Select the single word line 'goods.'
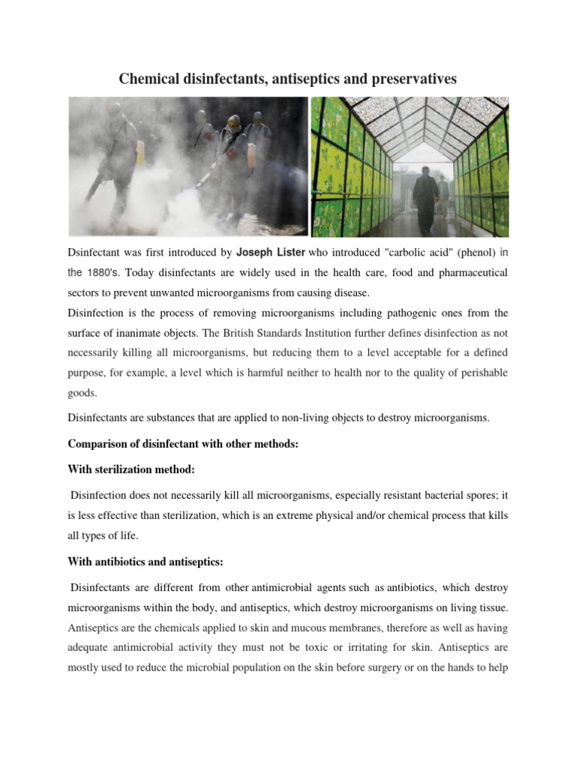pos(83,392)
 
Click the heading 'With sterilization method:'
pos(132,469)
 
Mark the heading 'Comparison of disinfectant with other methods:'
pos(183,444)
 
